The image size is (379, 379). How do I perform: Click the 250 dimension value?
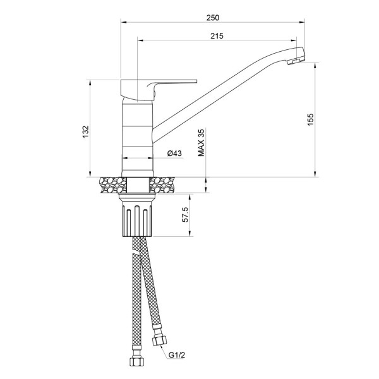click(213, 18)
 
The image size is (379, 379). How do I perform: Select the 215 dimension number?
click(217, 36)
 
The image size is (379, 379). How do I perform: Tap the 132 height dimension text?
click(86, 132)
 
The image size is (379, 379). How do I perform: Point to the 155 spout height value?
click(310, 119)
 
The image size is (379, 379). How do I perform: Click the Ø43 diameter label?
click(174, 153)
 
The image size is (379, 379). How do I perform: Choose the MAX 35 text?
click(202, 143)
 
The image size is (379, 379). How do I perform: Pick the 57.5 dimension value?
click(185, 214)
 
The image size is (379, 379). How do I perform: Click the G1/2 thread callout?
click(177, 355)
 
